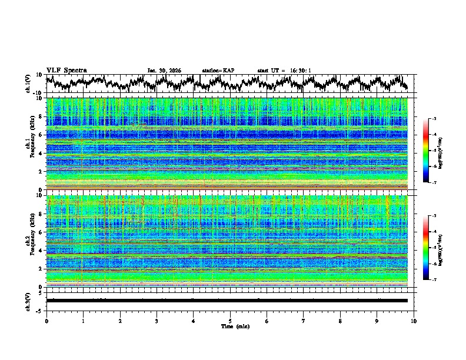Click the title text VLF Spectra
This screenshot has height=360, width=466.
pyautogui.click(x=66, y=70)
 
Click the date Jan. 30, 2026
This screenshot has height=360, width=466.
pyautogui.click(x=164, y=71)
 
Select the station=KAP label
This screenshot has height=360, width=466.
pyautogui.click(x=218, y=71)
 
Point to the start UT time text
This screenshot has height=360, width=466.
pyautogui.click(x=284, y=71)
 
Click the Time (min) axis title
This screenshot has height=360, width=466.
pyautogui.click(x=230, y=326)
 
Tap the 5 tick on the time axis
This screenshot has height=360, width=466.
pyautogui.click(x=230, y=321)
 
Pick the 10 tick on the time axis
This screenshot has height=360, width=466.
pyautogui.click(x=414, y=321)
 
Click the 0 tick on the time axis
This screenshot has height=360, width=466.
pyautogui.click(x=46, y=321)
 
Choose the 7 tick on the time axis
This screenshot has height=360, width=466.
pyautogui.click(x=304, y=321)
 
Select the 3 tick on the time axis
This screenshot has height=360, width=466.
pyautogui.click(x=157, y=321)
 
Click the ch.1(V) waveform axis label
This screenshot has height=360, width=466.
pyautogui.click(x=28, y=84)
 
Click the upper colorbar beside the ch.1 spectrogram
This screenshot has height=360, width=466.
pyautogui.click(x=425, y=151)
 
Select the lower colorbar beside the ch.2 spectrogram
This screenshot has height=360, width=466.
pyautogui.click(x=425, y=248)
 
